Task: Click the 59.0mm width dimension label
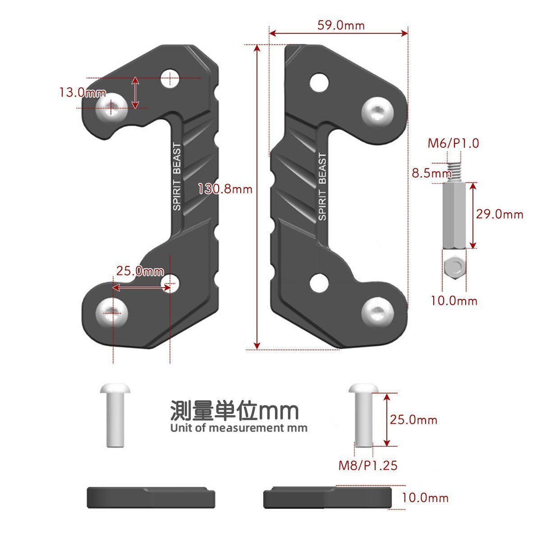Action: point(341,26)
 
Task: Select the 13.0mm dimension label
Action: point(83,92)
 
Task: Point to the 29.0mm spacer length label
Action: point(500,215)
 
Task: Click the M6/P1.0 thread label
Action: point(453,143)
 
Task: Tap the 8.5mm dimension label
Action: point(431,173)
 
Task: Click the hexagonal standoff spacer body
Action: point(454,215)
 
